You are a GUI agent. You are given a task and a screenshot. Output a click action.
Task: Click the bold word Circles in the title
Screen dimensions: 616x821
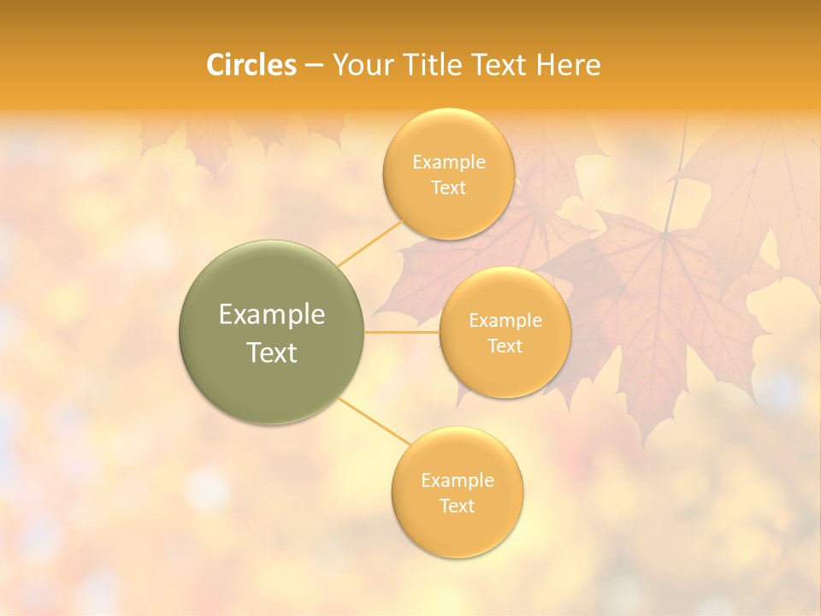click(251, 65)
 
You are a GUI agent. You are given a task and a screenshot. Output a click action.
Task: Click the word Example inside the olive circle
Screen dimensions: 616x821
click(271, 315)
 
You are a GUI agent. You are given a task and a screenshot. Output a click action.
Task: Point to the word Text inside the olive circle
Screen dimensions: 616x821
click(271, 352)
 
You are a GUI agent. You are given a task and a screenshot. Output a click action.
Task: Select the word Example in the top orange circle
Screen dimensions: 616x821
click(448, 162)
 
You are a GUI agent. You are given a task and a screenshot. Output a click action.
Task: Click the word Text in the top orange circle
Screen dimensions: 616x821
click(448, 187)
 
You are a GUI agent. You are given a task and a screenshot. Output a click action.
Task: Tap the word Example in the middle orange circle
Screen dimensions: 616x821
click(505, 320)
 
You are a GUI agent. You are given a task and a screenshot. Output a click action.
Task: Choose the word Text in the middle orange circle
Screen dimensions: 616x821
click(505, 346)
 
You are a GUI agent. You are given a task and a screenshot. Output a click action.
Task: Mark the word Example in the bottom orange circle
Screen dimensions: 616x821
click(457, 480)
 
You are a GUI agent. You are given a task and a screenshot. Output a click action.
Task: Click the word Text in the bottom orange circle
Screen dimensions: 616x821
click(457, 506)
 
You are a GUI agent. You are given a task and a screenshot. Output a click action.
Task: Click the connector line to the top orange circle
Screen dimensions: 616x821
click(369, 243)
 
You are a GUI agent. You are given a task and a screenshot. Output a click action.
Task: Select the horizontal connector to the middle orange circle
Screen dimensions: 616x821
click(402, 332)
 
